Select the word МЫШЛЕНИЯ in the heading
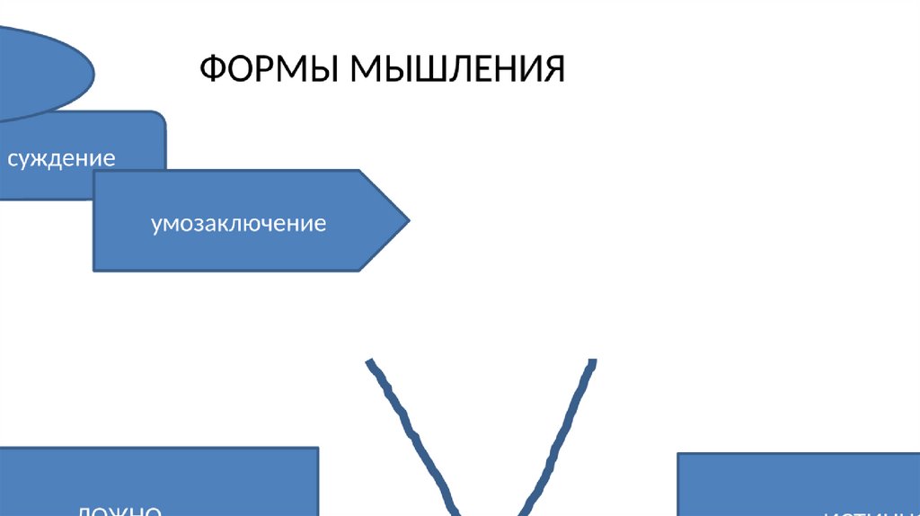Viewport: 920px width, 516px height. pos(457,68)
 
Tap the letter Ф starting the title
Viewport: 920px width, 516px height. pos(211,68)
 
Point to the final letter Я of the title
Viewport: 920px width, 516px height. pos(553,68)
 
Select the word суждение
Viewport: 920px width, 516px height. pos(61,159)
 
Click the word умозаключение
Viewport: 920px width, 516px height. pos(238,221)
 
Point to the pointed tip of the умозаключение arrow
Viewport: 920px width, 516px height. pos(408,220)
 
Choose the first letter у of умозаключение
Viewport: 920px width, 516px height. pos(156,223)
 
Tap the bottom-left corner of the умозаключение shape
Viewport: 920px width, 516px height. pos(95,269)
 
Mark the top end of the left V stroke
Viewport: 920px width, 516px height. pos(369,362)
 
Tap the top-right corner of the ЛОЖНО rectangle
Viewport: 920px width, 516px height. pos(317,448)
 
